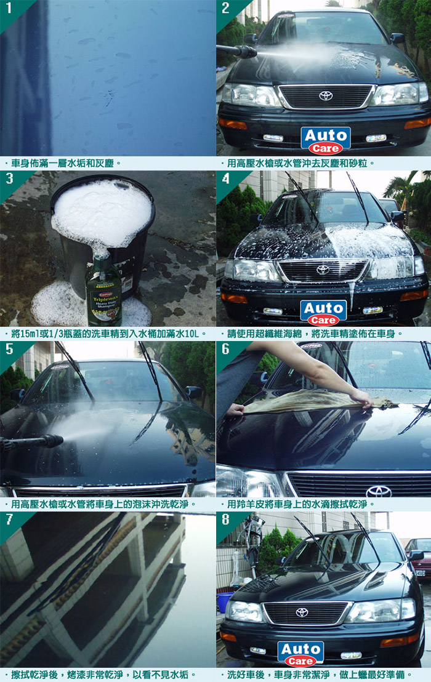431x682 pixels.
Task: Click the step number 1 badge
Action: (x=8, y=8)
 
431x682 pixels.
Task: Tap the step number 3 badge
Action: (x=9, y=179)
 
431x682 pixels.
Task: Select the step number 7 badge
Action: (x=9, y=520)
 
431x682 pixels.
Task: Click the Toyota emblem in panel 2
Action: (x=326, y=95)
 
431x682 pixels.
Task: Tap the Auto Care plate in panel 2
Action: (x=326, y=140)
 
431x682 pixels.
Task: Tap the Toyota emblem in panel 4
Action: (x=323, y=270)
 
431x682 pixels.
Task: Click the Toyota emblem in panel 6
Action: (x=379, y=491)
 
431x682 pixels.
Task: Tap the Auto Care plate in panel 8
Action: (x=300, y=654)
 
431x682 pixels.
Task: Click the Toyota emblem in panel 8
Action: (x=302, y=612)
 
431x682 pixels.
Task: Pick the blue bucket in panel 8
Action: (x=224, y=601)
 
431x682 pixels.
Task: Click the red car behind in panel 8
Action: (x=418, y=558)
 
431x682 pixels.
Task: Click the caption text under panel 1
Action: (x=63, y=164)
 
